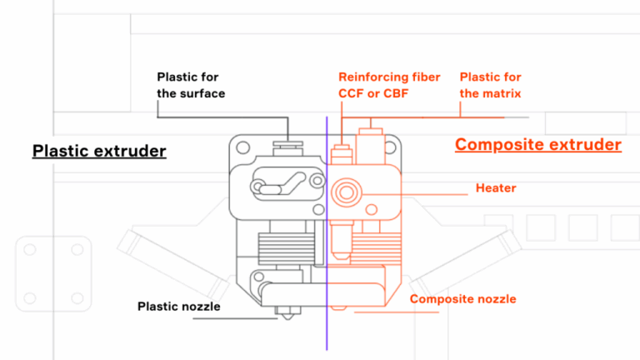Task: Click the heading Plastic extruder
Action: (99, 151)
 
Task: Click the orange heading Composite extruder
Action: (538, 145)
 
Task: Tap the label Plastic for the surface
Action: (191, 85)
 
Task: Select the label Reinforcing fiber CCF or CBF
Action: (389, 85)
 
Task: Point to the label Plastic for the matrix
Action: (490, 85)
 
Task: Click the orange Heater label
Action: (496, 188)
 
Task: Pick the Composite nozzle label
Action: (463, 299)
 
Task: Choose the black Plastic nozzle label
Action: (179, 307)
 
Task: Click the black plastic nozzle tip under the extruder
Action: (285, 314)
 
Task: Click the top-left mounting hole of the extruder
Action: (242, 147)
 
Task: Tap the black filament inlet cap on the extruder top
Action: (288, 145)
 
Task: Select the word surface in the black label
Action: (202, 93)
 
